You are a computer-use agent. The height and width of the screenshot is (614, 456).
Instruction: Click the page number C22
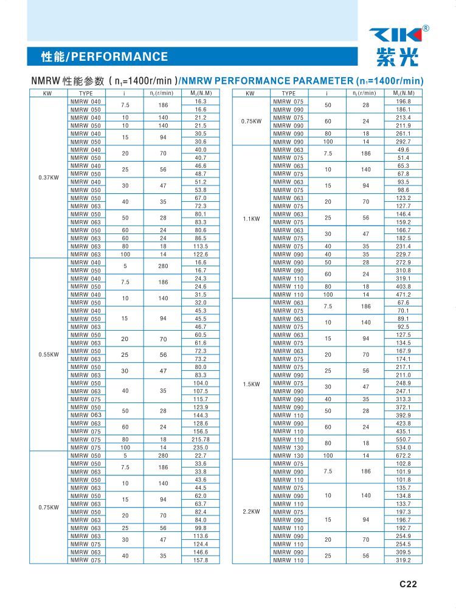tap(408, 584)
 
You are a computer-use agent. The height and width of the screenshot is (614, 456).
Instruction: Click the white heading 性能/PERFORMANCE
tap(104, 57)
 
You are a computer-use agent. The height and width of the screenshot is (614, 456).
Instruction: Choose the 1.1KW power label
tap(250, 218)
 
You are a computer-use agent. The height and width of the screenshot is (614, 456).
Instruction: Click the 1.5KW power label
tap(250, 384)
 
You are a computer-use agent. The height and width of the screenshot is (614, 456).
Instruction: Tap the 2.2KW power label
tap(250, 512)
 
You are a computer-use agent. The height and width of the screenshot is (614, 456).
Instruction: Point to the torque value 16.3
tap(201, 101)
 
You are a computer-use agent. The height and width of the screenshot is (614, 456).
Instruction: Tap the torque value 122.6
tap(201, 254)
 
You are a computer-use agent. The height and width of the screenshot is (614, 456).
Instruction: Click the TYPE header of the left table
tap(86, 93)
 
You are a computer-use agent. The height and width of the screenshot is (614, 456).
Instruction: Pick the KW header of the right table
tap(250, 93)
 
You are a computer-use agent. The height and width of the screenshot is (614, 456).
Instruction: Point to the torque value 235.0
tap(201, 447)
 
